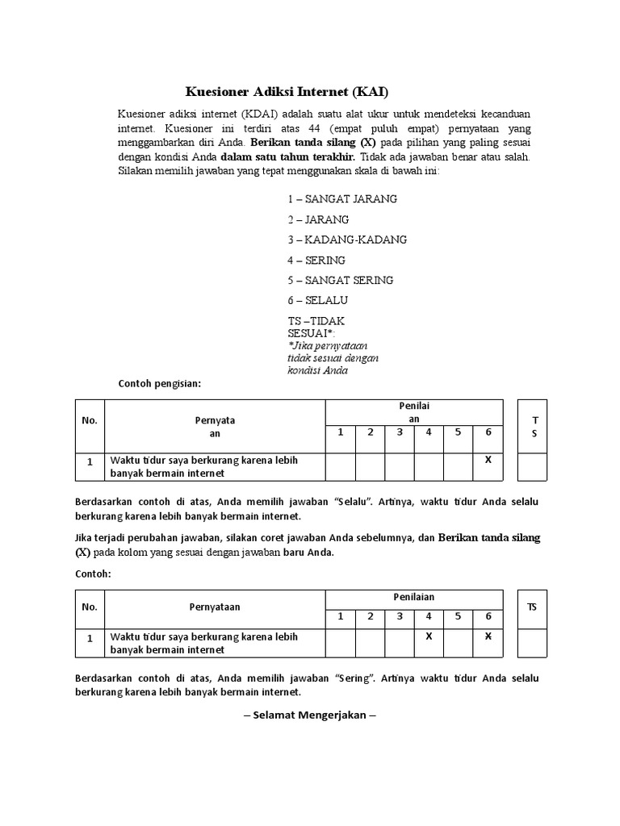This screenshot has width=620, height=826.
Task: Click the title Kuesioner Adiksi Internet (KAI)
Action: [x=292, y=91]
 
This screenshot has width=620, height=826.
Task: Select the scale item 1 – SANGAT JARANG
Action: [x=342, y=199]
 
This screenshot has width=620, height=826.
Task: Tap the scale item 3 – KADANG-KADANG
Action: [x=347, y=240]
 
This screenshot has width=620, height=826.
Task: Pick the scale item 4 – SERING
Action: [x=316, y=260]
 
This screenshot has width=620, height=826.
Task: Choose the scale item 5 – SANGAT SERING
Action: [x=340, y=280]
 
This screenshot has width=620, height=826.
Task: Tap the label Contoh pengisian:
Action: [x=159, y=383]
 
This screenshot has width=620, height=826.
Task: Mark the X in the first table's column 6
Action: [x=488, y=459]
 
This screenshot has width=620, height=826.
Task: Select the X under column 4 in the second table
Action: [x=429, y=636]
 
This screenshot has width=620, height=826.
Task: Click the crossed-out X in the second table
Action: [x=488, y=636]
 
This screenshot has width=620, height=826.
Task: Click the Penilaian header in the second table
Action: [x=413, y=597]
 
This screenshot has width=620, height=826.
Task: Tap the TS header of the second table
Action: [x=532, y=607]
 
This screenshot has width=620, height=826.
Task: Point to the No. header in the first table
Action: [x=90, y=420]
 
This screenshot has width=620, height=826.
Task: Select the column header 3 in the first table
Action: [x=399, y=432]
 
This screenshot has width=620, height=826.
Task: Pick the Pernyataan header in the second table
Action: [x=215, y=607]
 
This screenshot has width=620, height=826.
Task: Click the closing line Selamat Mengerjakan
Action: [x=310, y=715]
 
